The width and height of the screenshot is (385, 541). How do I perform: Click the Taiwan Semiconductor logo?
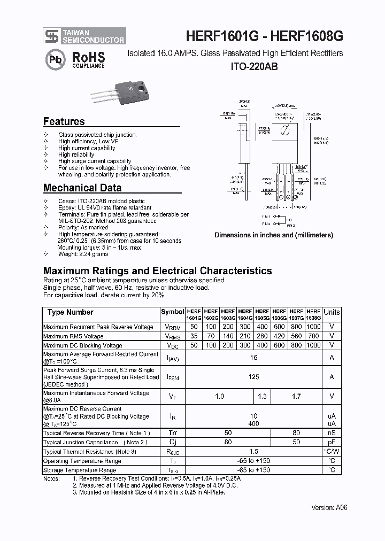point(84,36)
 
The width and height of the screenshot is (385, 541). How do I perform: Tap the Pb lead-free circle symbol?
point(55,59)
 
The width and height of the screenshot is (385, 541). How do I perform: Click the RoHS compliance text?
point(88,59)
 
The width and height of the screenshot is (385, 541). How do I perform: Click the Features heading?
point(64,121)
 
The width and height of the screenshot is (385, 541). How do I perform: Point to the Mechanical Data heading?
point(82,188)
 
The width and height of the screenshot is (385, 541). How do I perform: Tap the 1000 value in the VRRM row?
point(313,327)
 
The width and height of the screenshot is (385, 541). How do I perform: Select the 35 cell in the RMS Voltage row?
point(194,336)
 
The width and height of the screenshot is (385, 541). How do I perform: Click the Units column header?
point(332,312)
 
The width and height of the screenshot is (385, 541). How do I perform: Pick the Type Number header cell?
point(70,312)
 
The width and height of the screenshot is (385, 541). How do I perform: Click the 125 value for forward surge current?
point(253,377)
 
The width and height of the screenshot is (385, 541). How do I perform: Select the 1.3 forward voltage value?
point(262,396)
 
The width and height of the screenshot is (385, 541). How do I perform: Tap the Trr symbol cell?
point(172,432)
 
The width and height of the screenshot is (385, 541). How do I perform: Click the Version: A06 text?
point(329,507)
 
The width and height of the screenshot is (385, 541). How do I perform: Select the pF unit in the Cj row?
point(332,442)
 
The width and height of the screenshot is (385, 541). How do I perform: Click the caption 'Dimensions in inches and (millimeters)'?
point(274,235)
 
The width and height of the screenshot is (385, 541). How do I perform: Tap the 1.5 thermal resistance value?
point(253,452)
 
